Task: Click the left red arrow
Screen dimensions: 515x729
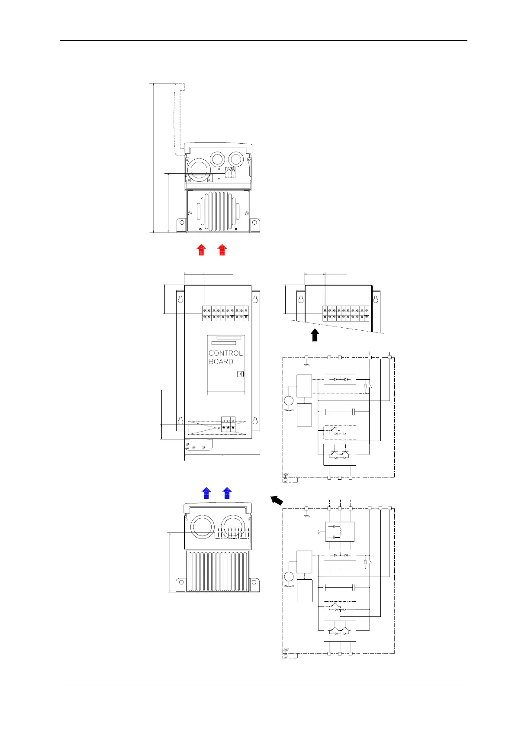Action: [x=201, y=250]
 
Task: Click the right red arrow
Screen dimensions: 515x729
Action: [x=222, y=250]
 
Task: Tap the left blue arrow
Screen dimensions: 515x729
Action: [x=206, y=493]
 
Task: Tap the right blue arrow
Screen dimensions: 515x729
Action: [x=227, y=493]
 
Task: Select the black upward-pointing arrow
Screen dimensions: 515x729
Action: [x=315, y=335]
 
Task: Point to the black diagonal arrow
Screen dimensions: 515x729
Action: [x=277, y=500]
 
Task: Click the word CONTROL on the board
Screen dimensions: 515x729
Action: [x=225, y=353]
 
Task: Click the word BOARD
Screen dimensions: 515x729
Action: [x=221, y=361]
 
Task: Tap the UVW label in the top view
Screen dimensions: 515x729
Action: [x=230, y=171]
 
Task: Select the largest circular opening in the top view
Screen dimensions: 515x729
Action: [x=199, y=168]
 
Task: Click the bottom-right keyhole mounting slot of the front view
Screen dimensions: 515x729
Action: [x=255, y=420]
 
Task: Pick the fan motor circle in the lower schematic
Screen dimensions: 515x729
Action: [x=289, y=577]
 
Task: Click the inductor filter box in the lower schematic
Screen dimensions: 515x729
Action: [x=340, y=532]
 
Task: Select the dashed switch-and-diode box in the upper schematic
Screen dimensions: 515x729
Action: [x=340, y=432]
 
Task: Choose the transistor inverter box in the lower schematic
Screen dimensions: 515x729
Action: [x=340, y=630]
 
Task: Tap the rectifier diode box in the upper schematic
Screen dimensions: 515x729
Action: [x=340, y=379]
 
